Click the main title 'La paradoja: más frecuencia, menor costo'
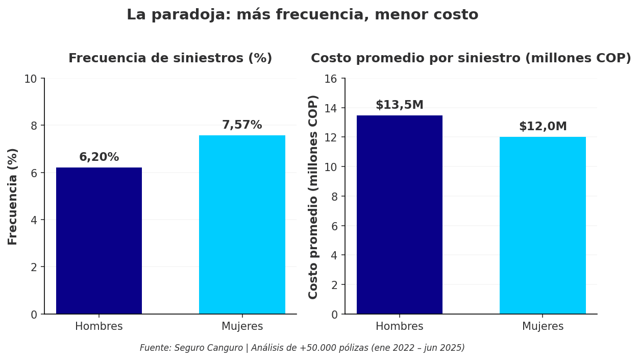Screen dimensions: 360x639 click(x=302, y=15)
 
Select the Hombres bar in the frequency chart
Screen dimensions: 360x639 click(x=99, y=241)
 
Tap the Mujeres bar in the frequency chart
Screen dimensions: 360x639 click(x=242, y=225)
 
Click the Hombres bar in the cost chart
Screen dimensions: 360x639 click(x=400, y=214)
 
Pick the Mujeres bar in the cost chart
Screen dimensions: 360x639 click(x=543, y=225)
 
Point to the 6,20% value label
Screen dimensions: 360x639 click(x=99, y=157)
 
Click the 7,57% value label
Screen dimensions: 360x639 click(x=242, y=125)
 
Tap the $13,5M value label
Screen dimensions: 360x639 click(x=400, y=105)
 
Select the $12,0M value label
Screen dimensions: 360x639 click(x=543, y=127)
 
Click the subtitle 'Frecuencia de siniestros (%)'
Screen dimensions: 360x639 click(x=170, y=59)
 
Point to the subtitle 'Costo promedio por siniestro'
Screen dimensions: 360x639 click(x=471, y=59)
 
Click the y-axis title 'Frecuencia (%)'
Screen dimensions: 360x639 click(x=13, y=196)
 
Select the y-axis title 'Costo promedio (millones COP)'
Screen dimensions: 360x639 click(x=313, y=197)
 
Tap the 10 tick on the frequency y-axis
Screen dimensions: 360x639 click(x=31, y=79)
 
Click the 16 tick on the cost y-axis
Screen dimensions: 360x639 click(x=331, y=79)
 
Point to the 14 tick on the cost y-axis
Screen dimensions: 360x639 click(x=331, y=108)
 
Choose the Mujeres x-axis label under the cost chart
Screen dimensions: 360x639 click(x=543, y=327)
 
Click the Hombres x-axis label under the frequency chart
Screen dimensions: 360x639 click(x=99, y=327)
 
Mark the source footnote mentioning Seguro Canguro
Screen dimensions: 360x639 click(x=302, y=348)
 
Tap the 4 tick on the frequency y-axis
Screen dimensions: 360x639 click(x=34, y=220)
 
